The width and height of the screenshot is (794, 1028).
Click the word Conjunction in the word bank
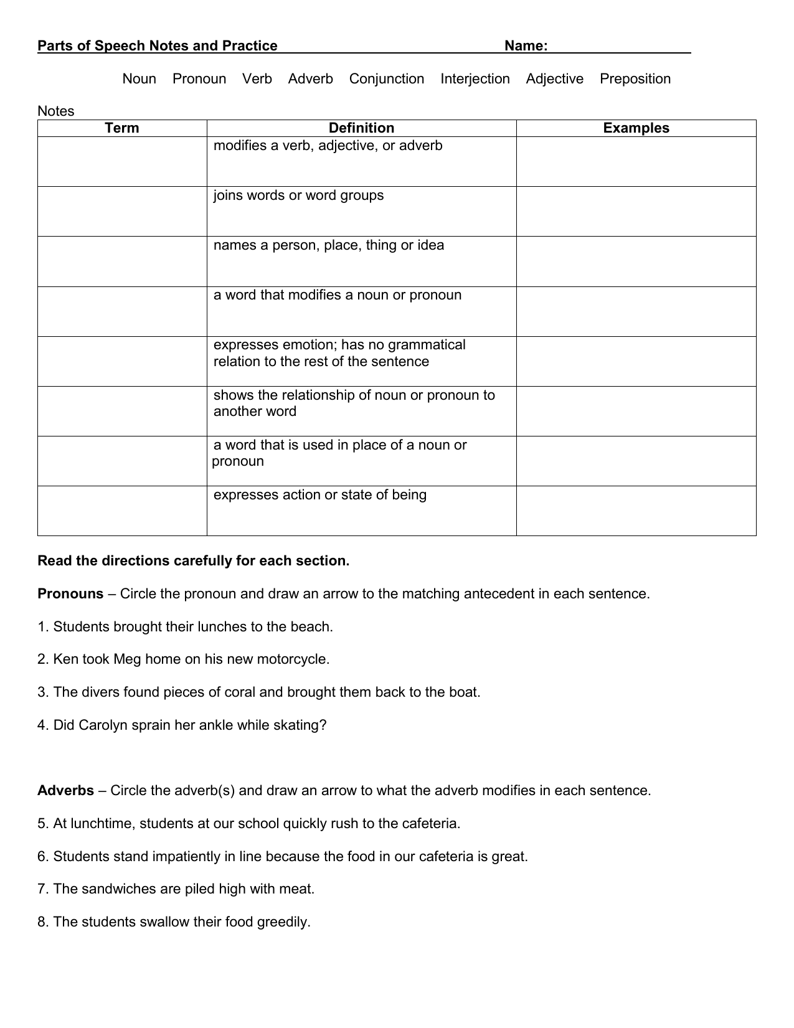point(386,79)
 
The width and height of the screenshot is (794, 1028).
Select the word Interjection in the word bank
point(475,79)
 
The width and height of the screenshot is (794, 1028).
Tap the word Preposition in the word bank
point(635,79)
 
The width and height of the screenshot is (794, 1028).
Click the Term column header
point(122,128)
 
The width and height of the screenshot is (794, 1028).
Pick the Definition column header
point(361,128)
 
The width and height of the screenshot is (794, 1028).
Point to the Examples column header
point(636,128)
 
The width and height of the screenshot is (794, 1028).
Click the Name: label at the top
point(526,46)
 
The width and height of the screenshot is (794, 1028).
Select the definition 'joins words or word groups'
point(298,196)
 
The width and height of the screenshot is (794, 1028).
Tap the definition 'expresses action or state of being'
point(319,495)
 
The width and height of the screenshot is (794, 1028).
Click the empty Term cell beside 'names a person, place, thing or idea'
point(122,262)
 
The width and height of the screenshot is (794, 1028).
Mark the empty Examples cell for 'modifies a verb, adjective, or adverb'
point(636,162)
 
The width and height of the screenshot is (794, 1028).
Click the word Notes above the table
point(55,111)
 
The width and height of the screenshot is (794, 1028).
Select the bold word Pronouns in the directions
point(70,594)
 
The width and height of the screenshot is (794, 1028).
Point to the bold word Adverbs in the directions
point(65,791)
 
